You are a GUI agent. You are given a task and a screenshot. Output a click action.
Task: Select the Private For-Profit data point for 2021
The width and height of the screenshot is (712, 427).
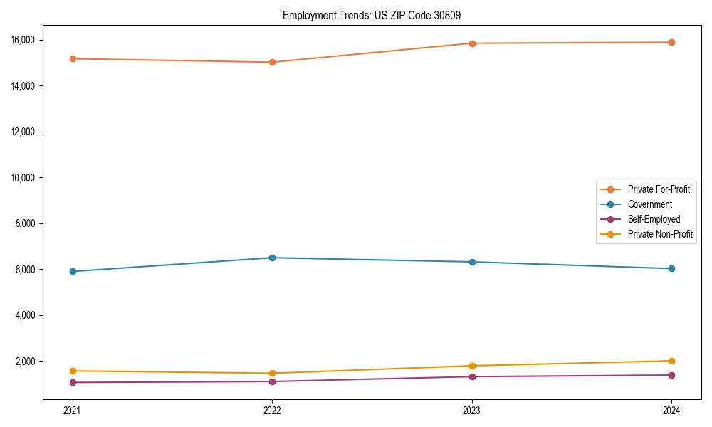(72, 58)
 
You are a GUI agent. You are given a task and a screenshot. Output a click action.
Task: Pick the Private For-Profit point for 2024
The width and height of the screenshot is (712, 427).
(671, 42)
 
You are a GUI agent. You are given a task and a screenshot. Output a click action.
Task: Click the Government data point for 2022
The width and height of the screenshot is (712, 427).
(272, 258)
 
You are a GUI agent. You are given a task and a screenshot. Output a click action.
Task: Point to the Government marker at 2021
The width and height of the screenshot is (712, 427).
(72, 271)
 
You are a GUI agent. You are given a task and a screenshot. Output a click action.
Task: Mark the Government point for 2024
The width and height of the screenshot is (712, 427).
(671, 268)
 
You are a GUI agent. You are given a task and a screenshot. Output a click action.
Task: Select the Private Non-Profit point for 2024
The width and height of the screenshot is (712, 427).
(671, 361)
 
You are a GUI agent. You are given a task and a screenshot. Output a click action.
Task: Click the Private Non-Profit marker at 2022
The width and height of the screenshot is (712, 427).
(272, 373)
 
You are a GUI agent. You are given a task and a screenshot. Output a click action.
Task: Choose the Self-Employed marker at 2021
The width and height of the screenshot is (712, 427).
(72, 382)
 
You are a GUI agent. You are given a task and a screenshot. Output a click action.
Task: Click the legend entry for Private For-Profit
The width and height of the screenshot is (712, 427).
(659, 189)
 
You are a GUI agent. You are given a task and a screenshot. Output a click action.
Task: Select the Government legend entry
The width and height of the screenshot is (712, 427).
(649, 204)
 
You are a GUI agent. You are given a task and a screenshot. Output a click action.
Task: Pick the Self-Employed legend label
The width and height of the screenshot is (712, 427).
(654, 219)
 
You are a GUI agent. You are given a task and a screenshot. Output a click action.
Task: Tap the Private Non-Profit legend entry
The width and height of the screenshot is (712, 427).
(660, 234)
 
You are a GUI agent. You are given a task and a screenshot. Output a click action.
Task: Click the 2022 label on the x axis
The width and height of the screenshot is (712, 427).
(272, 411)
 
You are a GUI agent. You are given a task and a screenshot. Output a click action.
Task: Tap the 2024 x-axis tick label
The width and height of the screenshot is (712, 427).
(671, 411)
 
